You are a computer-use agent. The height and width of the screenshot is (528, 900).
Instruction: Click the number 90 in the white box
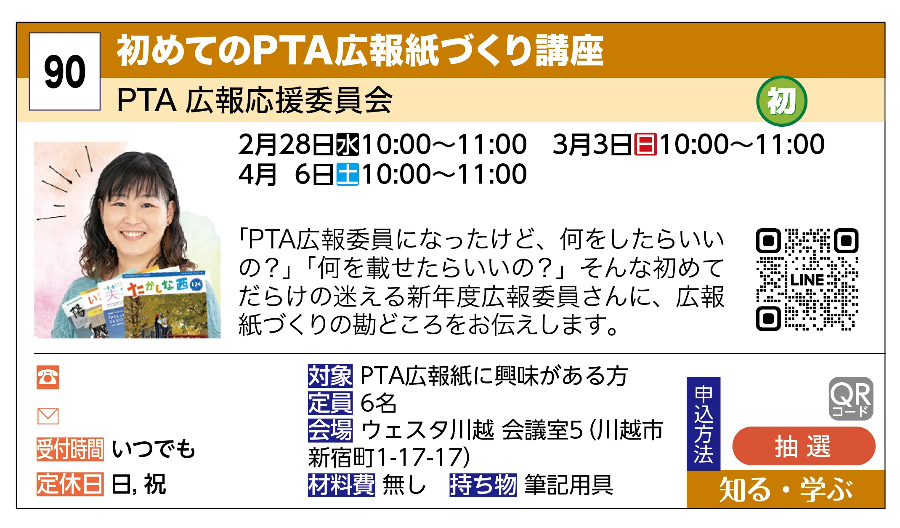click(64, 72)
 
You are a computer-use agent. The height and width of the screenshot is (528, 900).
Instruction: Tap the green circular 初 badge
click(781, 101)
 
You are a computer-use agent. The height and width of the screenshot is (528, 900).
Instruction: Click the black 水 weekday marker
click(348, 144)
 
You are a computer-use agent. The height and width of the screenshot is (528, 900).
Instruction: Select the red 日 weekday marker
click(645, 144)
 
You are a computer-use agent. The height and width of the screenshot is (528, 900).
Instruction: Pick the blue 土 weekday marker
click(348, 174)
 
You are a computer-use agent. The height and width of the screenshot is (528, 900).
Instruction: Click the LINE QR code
click(807, 280)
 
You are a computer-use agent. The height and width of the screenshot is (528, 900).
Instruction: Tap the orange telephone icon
click(48, 377)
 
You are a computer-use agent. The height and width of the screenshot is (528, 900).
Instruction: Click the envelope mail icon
click(48, 416)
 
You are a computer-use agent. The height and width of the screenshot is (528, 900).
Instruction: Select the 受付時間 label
click(70, 449)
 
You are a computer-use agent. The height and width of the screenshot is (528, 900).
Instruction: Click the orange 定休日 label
click(70, 484)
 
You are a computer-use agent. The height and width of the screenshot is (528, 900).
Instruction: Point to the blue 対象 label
click(330, 376)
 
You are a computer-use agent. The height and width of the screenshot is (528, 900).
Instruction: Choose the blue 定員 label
click(330, 403)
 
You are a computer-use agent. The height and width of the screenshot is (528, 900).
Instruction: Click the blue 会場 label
click(330, 430)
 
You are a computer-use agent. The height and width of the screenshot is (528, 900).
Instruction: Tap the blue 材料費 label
click(341, 485)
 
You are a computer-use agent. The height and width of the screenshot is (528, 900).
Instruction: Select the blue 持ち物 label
click(483, 485)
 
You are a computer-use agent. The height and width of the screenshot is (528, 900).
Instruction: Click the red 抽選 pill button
click(804, 446)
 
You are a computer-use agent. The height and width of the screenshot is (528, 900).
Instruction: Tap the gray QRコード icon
click(851, 398)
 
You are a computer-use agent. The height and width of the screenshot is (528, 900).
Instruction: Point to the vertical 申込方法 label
click(703, 424)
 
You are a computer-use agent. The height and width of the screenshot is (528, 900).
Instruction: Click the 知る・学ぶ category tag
click(786, 490)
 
